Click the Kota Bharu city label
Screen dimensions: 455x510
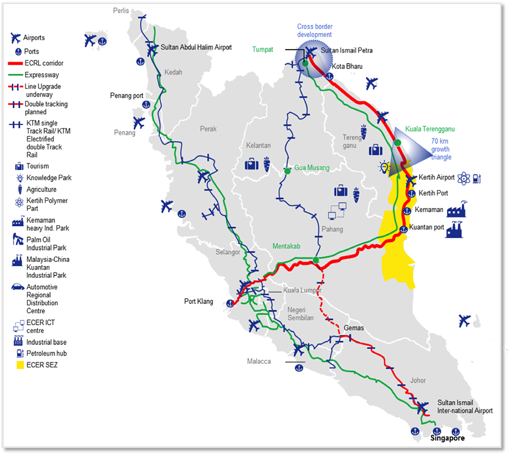coord(348,66)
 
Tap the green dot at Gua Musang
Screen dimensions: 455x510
coord(288,171)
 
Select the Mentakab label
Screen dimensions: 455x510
coord(287,246)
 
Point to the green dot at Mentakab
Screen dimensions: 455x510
coord(315,260)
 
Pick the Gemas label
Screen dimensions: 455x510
coord(354,328)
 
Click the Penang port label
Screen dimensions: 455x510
coord(129,95)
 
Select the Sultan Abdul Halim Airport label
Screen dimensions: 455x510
coord(196,47)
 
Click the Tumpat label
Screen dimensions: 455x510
coord(263,50)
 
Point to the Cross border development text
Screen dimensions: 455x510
coord(315,31)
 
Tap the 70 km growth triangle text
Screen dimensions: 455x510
coord(441,149)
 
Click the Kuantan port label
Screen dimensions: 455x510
coord(429,227)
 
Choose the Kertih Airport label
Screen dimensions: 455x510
coord(436,177)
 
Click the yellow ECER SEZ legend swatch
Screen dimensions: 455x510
coord(17,365)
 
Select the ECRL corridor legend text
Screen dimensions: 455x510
coord(44,63)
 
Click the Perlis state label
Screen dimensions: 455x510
coord(121,11)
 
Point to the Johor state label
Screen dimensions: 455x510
coord(417,380)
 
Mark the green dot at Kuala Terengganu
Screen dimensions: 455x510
coord(397,142)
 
